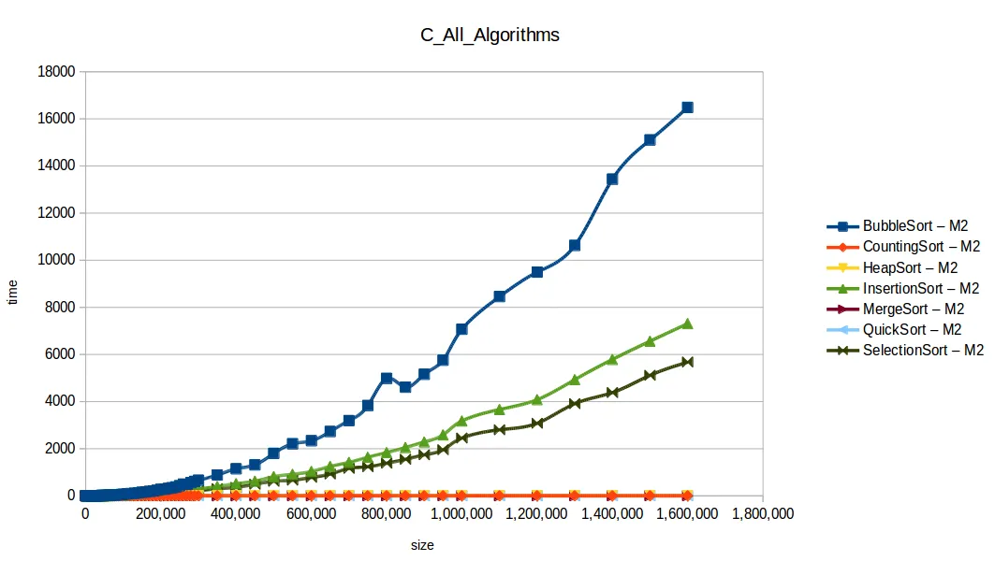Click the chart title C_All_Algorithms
pyautogui.click(x=489, y=36)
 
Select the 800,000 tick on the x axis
pyautogui.click(x=386, y=514)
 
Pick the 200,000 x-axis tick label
pyautogui.click(x=160, y=514)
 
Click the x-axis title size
pyautogui.click(x=421, y=544)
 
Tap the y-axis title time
pyautogui.click(x=13, y=292)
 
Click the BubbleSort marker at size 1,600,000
pyautogui.click(x=687, y=108)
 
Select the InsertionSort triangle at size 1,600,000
pyautogui.click(x=687, y=324)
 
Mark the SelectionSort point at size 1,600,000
pyautogui.click(x=687, y=362)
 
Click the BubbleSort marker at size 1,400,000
pyautogui.click(x=612, y=179)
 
